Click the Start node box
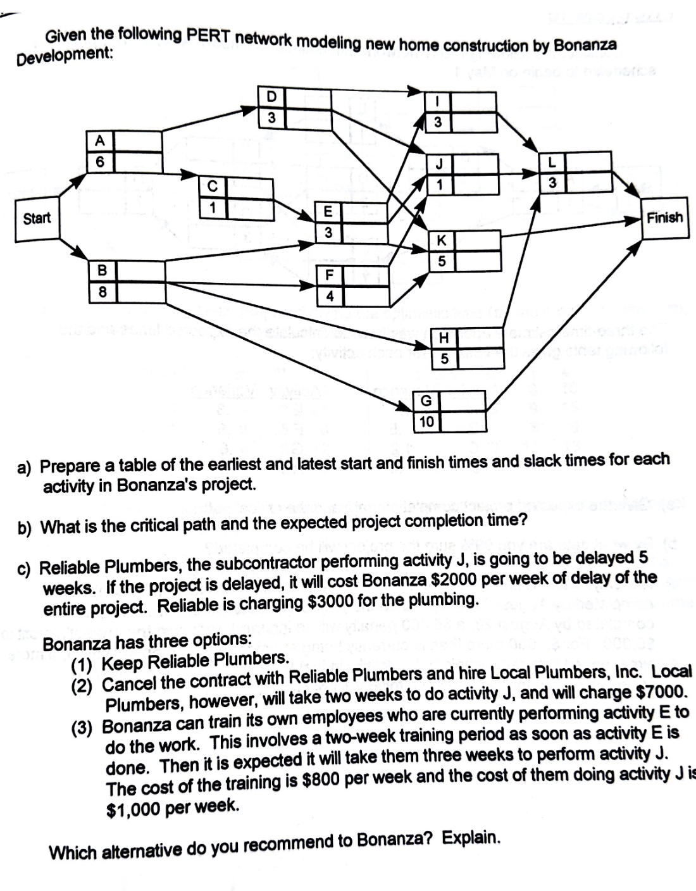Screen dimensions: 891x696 click(37, 219)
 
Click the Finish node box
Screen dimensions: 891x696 click(664, 218)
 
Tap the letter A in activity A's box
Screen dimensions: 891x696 click(100, 141)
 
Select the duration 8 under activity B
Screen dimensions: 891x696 click(101, 292)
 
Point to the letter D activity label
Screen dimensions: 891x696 click(271, 97)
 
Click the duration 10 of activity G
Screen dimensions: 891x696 click(426, 421)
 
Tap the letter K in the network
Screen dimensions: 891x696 click(442, 241)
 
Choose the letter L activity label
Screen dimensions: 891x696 click(552, 163)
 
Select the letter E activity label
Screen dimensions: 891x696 click(328, 212)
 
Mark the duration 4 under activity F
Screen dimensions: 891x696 click(330, 296)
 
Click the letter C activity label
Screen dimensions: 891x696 click(213, 187)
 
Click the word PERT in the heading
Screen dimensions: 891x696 click(209, 37)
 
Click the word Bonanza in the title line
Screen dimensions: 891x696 click(585, 46)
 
